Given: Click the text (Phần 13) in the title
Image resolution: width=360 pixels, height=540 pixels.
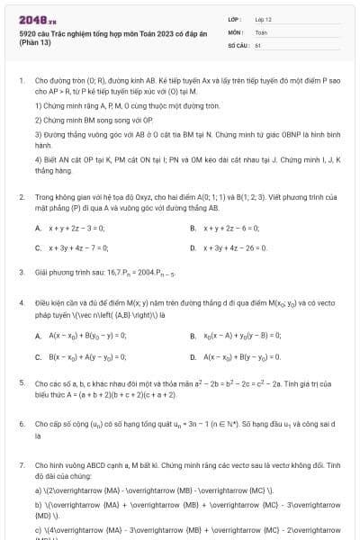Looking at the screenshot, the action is pos(33,44).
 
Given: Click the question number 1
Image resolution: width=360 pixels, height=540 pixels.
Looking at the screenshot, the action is pos(21,80).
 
